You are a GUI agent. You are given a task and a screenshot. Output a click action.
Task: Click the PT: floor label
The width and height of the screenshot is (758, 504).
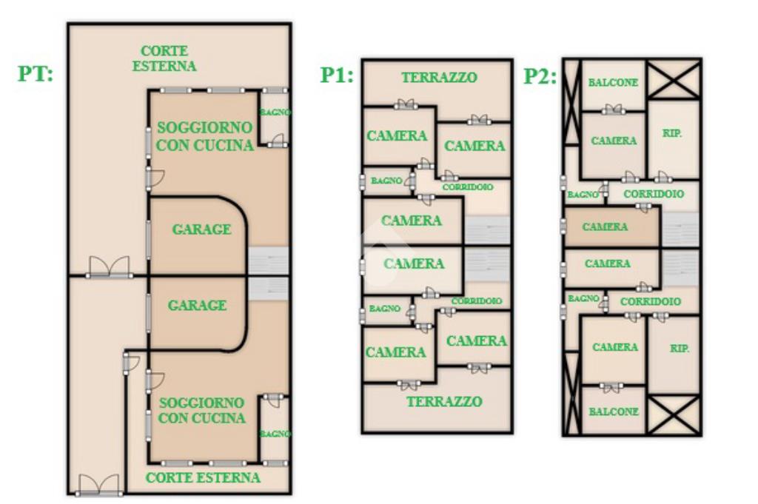pos(35,74)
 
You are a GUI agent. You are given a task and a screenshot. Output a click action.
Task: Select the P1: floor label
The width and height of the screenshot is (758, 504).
pos(337,75)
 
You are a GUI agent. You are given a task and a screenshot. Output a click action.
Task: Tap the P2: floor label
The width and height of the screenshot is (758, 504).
pos(540,76)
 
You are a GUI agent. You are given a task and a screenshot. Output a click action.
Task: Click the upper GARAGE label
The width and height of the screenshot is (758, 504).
pos(201,229)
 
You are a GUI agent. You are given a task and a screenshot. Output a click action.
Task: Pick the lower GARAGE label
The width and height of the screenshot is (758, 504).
pos(197,305)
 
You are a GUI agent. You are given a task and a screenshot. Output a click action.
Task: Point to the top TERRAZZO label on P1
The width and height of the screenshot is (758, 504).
pos(439,77)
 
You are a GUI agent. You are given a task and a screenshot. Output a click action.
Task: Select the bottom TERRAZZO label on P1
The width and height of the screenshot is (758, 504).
pos(444,401)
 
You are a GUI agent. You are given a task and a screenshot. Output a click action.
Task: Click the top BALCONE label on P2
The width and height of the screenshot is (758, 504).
pos(613,82)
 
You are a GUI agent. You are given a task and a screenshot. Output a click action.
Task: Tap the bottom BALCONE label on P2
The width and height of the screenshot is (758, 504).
pos(613,411)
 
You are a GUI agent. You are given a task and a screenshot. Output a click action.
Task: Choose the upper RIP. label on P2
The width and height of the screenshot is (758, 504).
pos(672,134)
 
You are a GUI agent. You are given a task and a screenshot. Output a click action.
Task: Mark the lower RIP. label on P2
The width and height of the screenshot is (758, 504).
pos(679,348)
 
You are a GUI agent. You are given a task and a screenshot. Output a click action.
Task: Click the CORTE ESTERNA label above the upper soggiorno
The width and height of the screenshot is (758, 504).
pos(164,58)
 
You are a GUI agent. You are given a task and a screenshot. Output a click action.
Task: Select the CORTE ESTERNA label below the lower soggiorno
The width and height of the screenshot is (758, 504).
pos(203,477)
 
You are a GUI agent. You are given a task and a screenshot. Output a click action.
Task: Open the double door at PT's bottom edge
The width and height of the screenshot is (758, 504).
pos(99,485)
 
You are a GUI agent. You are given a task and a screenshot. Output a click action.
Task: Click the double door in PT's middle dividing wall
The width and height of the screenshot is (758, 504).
pos(110,268)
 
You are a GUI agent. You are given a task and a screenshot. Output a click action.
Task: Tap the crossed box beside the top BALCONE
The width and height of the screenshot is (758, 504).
pos(674,79)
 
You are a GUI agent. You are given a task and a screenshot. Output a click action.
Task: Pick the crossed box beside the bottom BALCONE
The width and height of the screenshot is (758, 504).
pos(674,414)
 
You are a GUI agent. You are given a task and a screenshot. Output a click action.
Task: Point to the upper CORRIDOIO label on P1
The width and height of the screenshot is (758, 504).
pos(467,187)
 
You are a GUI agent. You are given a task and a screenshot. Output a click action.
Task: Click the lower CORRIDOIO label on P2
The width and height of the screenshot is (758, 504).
pos(651,302)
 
